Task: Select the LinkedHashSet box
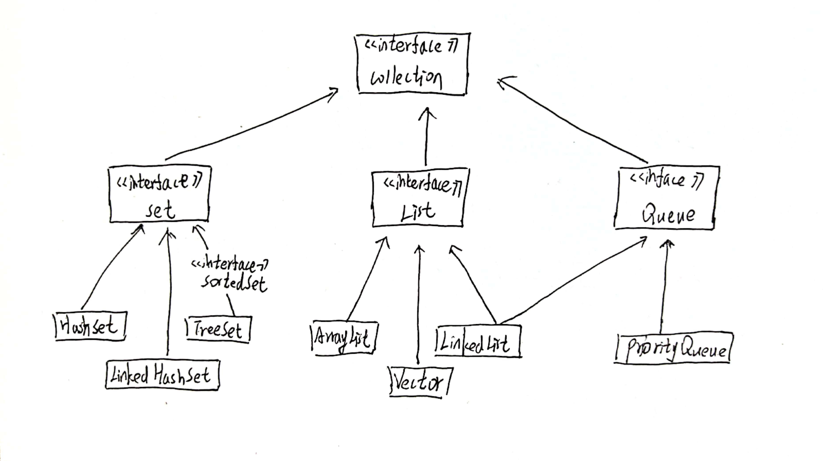click(x=162, y=375)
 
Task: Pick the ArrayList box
click(x=344, y=338)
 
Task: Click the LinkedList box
click(x=478, y=341)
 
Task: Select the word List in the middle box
click(x=418, y=212)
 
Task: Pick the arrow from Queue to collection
click(x=572, y=121)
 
